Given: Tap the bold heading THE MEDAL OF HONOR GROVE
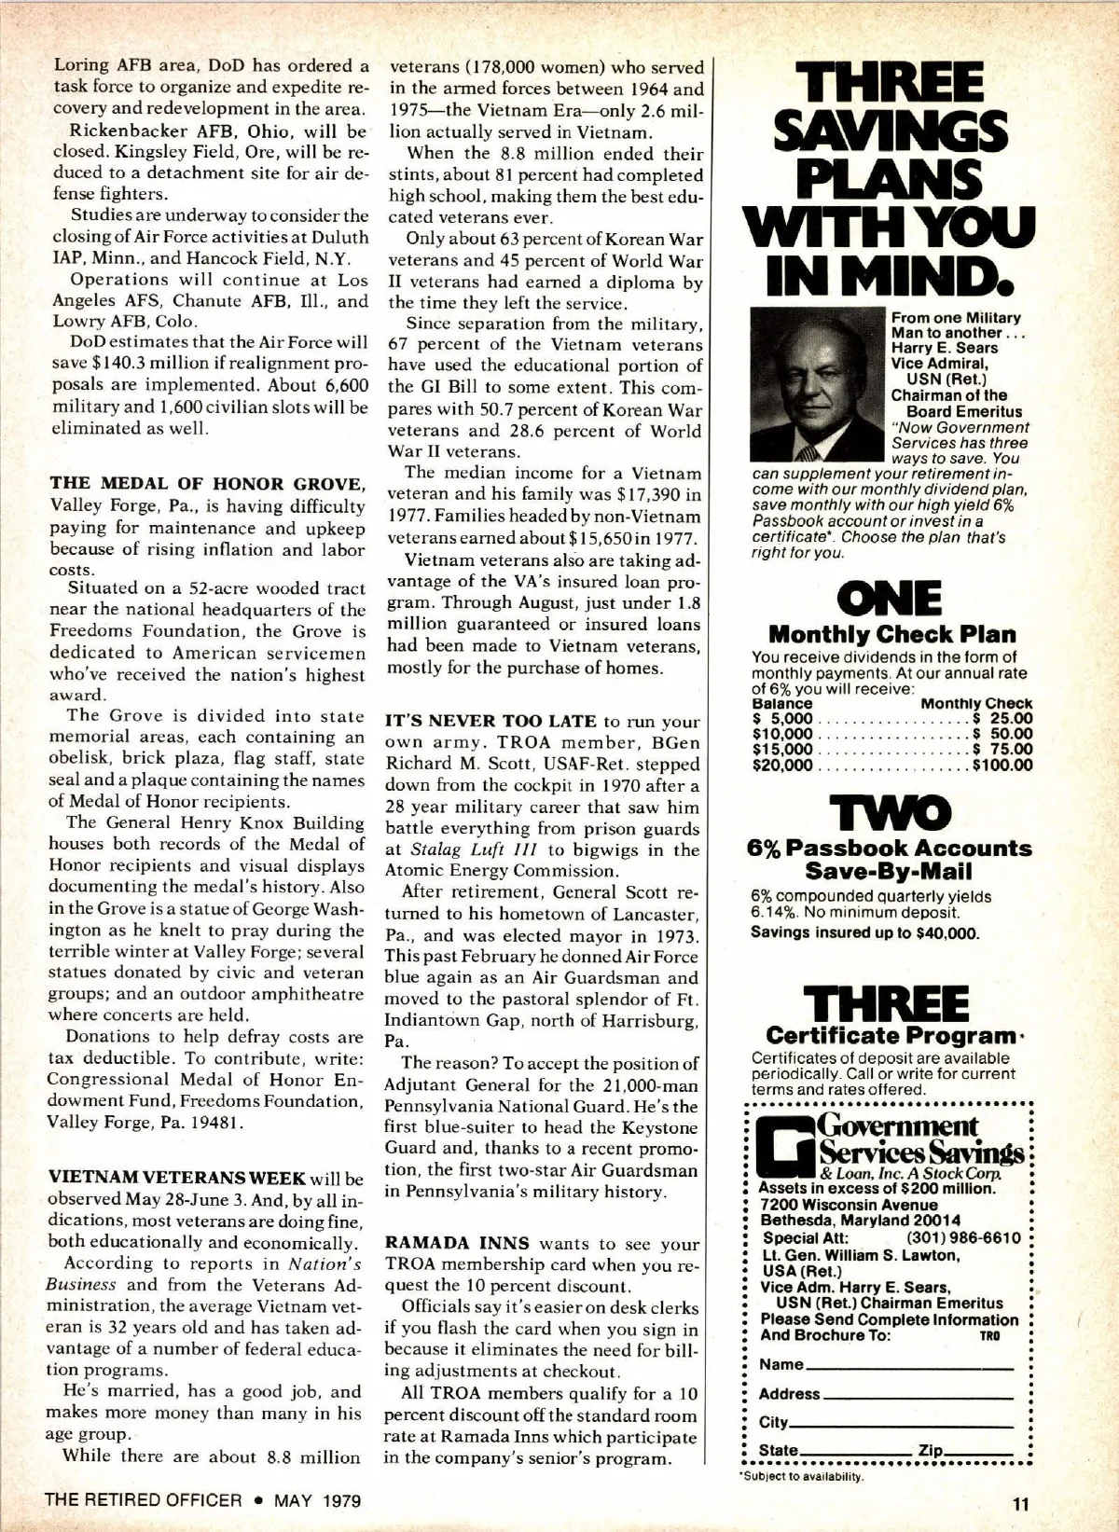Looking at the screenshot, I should [x=206, y=484].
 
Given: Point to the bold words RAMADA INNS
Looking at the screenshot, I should [x=457, y=1243].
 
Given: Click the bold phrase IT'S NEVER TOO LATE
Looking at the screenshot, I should [x=490, y=721].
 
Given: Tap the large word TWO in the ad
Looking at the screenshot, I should [x=891, y=812].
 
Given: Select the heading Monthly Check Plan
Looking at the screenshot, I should [x=891, y=635].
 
